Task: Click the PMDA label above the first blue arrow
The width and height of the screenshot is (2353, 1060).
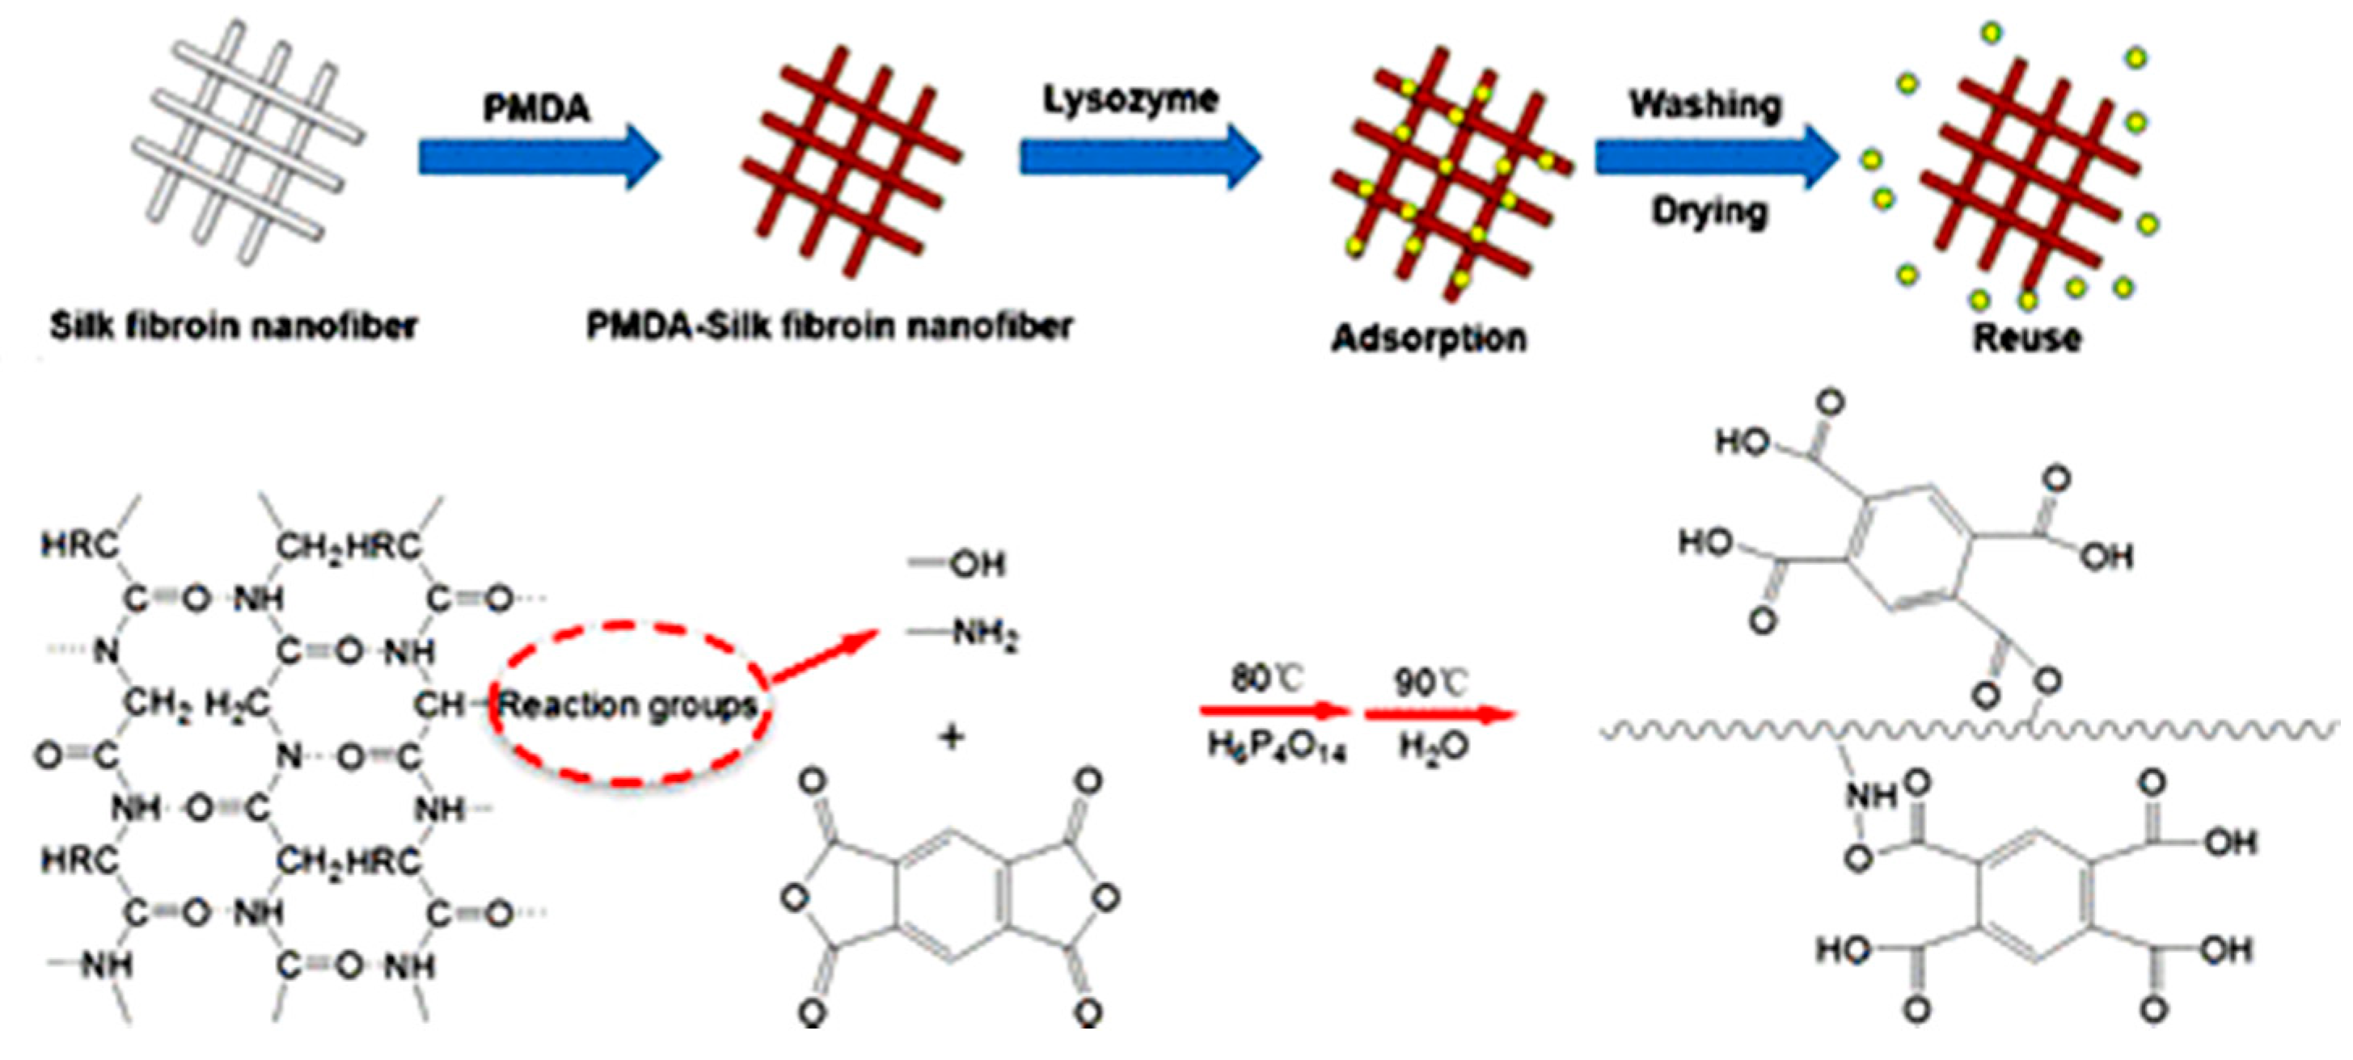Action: pos(536,108)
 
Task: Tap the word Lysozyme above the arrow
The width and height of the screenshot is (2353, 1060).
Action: pos(1131,99)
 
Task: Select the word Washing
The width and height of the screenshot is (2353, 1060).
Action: pos(1705,104)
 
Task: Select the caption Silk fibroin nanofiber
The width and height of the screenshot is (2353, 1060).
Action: pos(233,326)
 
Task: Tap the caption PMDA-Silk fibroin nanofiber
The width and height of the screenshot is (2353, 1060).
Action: pos(829,326)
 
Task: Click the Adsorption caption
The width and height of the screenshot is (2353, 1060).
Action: pos(1429,339)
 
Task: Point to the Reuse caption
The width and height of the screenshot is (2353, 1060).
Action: pos(2027,339)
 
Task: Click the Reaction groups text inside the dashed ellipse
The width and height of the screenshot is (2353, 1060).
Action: pos(628,705)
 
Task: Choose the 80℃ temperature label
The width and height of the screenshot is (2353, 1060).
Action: pos(1266,679)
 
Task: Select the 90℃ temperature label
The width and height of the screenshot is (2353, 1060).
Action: pos(1430,682)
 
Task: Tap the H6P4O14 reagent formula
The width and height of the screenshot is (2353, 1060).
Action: pos(1276,747)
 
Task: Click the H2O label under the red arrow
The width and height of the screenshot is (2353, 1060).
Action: pos(1433,747)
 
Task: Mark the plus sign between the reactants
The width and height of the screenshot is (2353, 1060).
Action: pos(951,736)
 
